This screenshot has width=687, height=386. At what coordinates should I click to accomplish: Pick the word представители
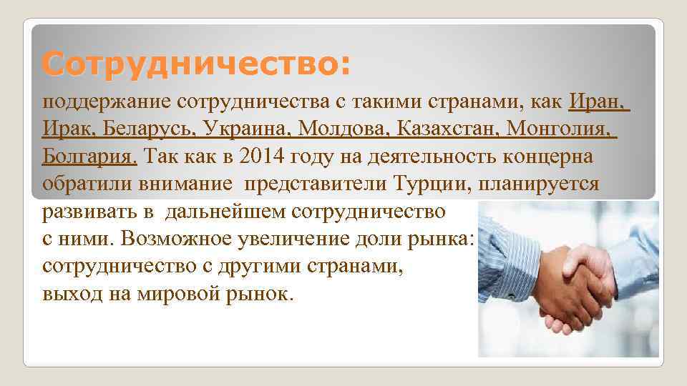[316, 184]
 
